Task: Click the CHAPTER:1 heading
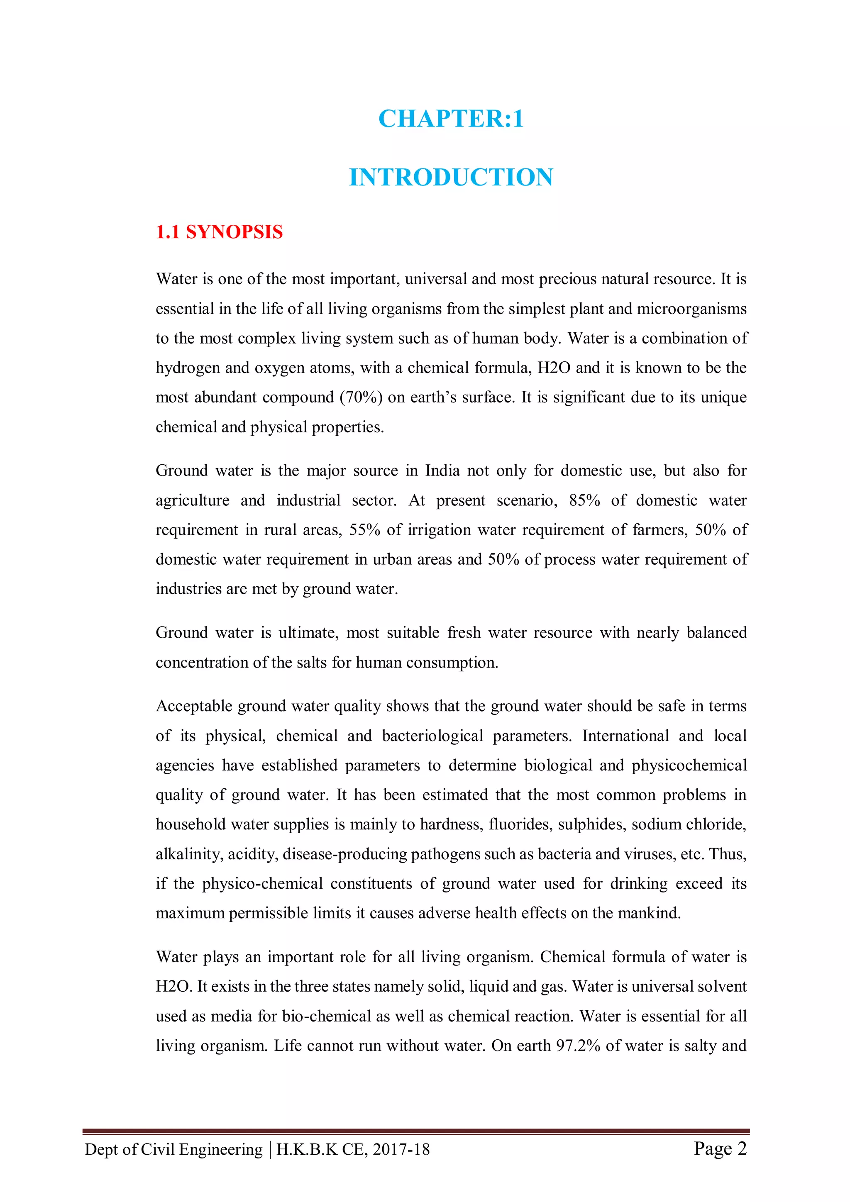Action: pos(450,119)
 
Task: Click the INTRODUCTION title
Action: pos(450,178)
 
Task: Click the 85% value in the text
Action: pos(584,500)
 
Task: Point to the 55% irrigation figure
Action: pos(364,530)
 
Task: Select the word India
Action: pos(442,471)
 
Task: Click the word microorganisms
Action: pos(691,309)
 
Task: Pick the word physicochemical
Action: pos(689,766)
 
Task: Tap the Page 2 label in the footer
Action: pos(720,1148)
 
